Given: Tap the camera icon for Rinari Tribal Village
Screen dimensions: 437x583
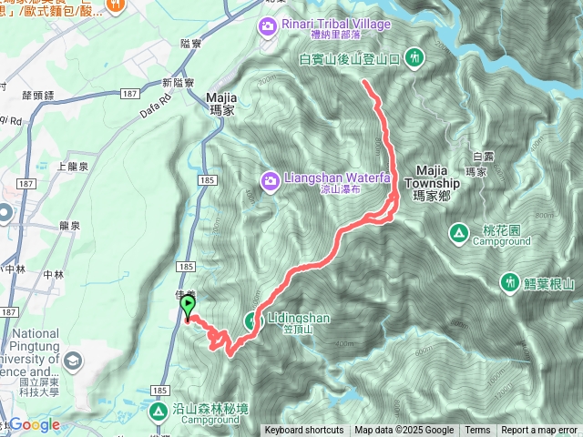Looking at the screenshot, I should [x=268, y=25].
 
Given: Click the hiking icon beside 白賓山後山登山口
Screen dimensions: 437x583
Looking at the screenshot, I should [x=415, y=58].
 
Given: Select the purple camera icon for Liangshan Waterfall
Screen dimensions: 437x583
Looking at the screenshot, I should [x=270, y=180].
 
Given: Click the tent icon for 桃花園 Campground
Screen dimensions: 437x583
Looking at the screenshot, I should [x=458, y=235].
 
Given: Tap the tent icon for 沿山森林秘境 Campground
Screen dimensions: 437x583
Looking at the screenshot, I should [x=159, y=411].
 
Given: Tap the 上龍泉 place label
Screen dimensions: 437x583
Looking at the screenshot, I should [x=73, y=168].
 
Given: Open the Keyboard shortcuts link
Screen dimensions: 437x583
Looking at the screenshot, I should [x=303, y=431].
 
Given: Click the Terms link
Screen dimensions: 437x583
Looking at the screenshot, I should [x=477, y=431].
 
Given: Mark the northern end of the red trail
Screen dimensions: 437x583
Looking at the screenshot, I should [x=364, y=82].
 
